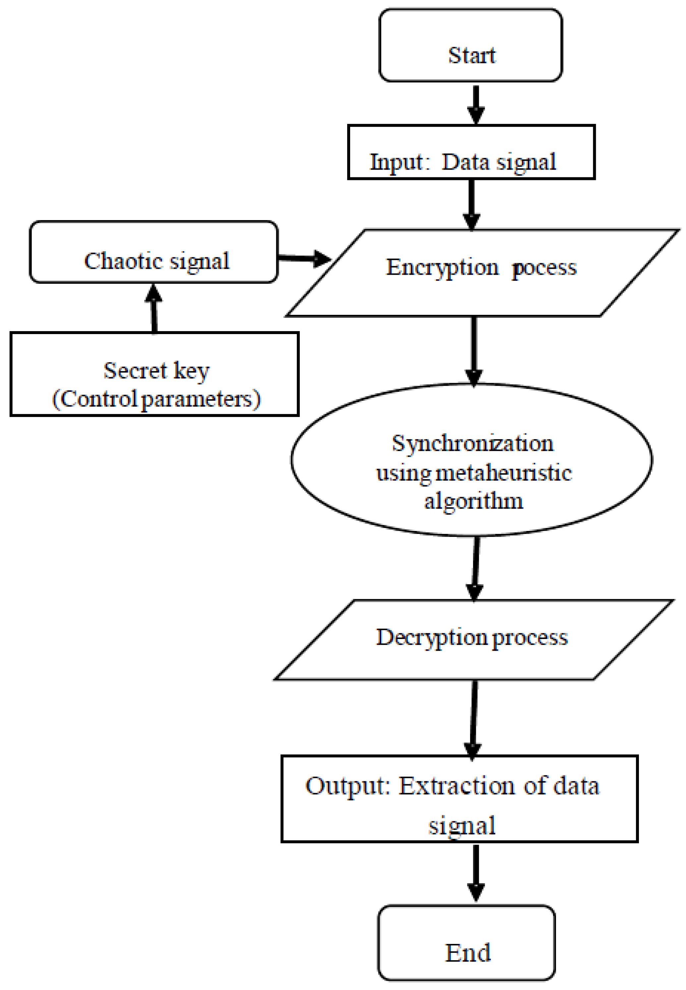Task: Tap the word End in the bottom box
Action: click(x=468, y=953)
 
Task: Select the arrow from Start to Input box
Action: click(x=476, y=104)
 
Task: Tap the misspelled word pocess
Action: click(x=544, y=268)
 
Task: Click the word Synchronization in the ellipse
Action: click(x=472, y=443)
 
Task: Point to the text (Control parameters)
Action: click(x=156, y=399)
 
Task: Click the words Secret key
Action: click(x=156, y=371)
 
